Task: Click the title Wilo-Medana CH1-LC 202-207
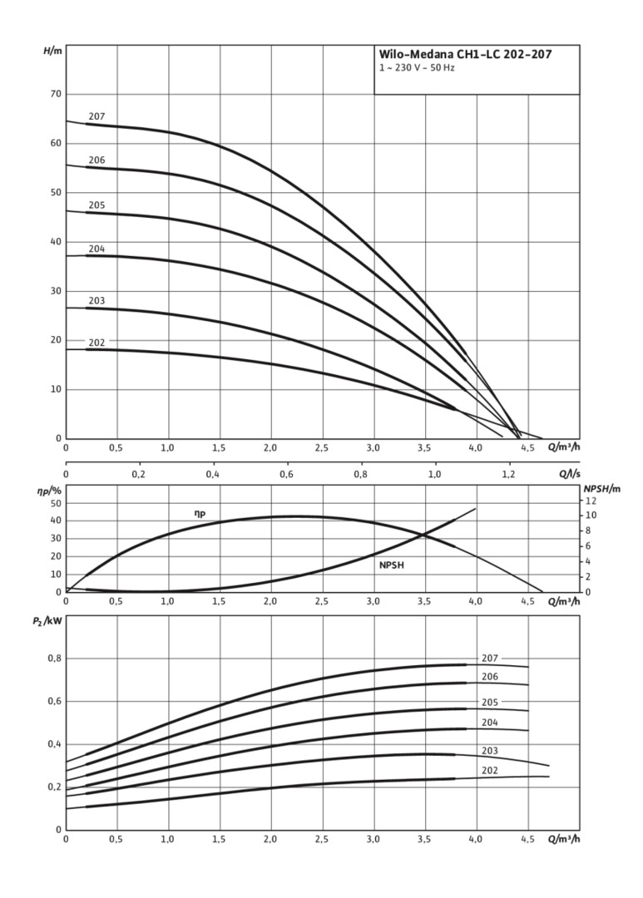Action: tap(465, 55)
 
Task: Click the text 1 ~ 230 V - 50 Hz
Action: tap(417, 68)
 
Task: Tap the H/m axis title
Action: tap(52, 52)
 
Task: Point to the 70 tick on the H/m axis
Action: tap(55, 94)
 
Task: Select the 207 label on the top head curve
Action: tap(96, 116)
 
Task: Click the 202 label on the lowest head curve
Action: tap(96, 343)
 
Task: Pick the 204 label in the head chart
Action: tap(96, 249)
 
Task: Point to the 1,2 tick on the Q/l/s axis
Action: tap(508, 475)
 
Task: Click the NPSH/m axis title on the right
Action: tap(601, 489)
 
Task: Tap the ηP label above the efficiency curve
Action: tap(200, 514)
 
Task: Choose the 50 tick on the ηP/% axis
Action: tap(55, 503)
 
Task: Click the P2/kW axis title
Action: tap(53, 620)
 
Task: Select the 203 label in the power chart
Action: tap(489, 751)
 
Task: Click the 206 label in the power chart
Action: tap(489, 677)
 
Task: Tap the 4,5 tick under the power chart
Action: tap(527, 839)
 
